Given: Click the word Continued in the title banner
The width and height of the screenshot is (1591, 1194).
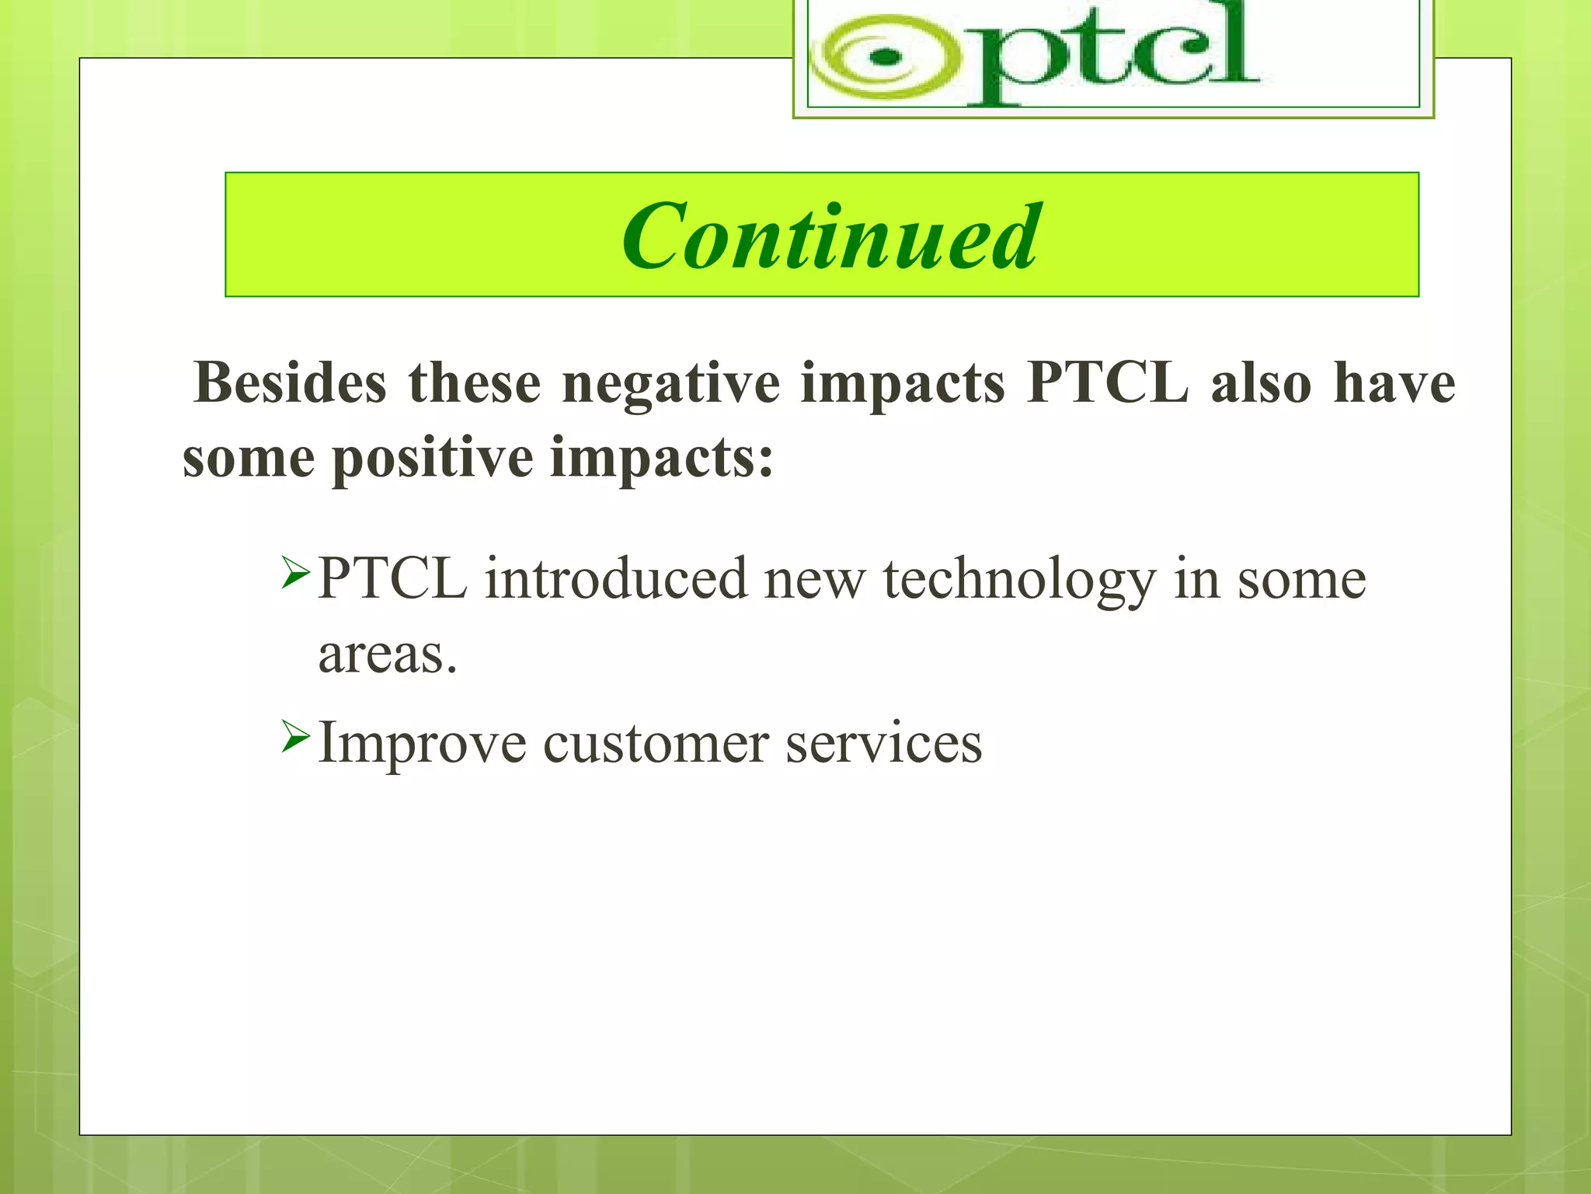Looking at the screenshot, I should tap(829, 236).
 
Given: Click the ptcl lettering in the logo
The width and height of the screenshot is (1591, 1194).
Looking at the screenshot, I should tap(1111, 54).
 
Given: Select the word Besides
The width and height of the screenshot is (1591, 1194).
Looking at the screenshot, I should tap(290, 383).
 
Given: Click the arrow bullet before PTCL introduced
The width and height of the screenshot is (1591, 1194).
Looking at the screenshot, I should tap(296, 572).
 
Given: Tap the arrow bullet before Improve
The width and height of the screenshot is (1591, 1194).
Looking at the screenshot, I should tap(296, 735).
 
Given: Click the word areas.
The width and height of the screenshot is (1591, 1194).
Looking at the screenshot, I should tap(386, 655).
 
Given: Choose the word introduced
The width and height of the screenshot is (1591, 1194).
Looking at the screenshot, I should tap(615, 580).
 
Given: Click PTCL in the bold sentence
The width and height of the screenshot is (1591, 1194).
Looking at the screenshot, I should tap(1107, 383).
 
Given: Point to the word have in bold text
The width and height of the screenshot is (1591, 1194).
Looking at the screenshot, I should tap(1394, 383).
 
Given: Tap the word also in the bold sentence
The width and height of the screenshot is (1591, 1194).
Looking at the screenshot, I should tap(1261, 383).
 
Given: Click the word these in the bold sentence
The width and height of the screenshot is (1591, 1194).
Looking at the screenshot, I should tap(474, 383).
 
